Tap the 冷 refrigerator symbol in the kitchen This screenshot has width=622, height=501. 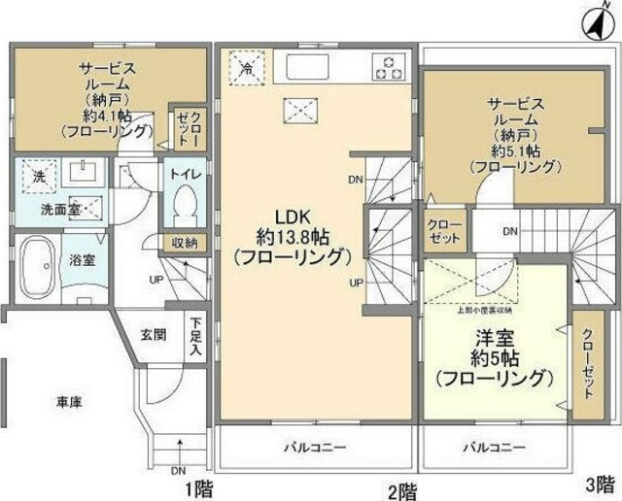point(246,67)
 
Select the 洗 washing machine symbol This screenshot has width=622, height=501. point(39,178)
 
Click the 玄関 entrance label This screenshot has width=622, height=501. point(153,335)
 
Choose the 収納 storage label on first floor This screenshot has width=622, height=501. point(184,244)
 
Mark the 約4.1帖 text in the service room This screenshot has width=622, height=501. point(100,113)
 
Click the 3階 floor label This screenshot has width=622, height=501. point(599,483)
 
